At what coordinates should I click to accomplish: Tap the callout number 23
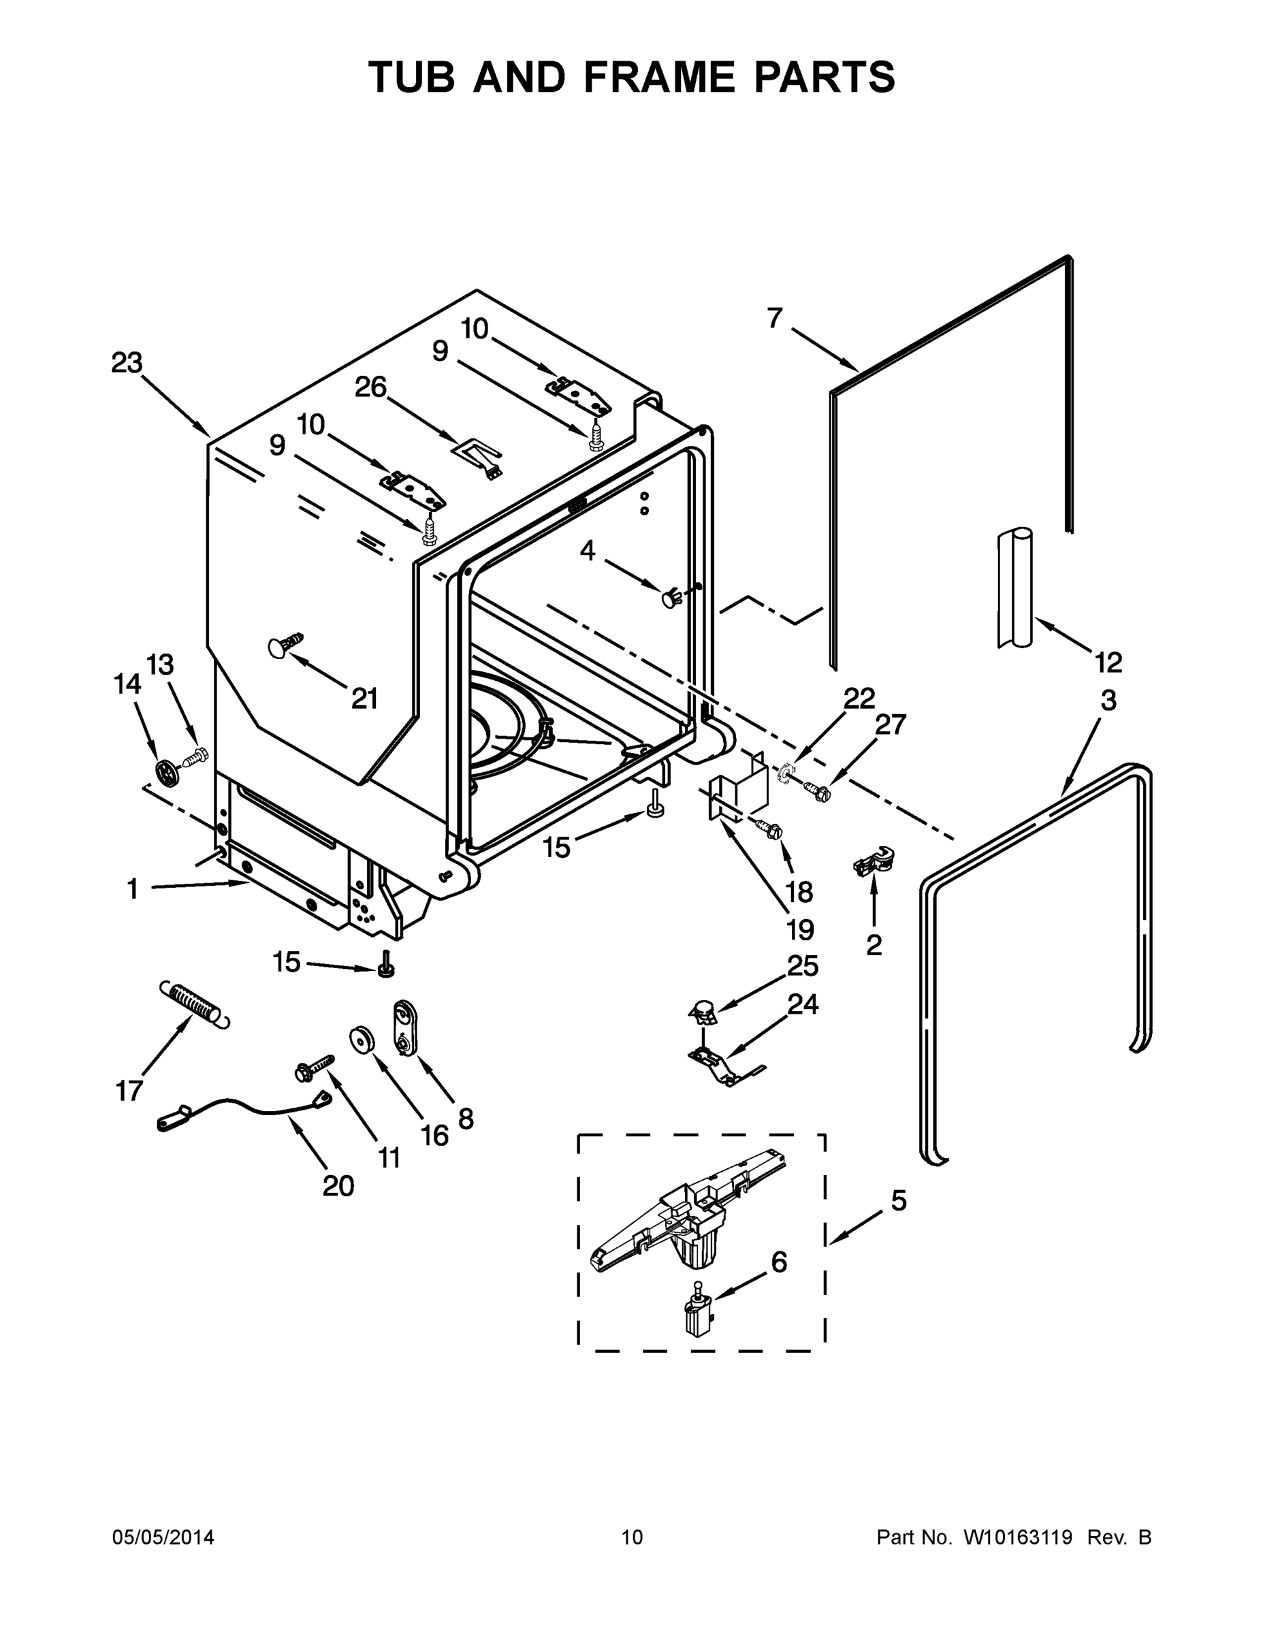pyautogui.click(x=127, y=364)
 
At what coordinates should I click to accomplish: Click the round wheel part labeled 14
pyautogui.click(x=167, y=770)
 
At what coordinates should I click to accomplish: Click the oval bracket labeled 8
pyautogui.click(x=404, y=1028)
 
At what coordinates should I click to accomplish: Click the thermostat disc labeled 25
pyautogui.click(x=702, y=1012)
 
